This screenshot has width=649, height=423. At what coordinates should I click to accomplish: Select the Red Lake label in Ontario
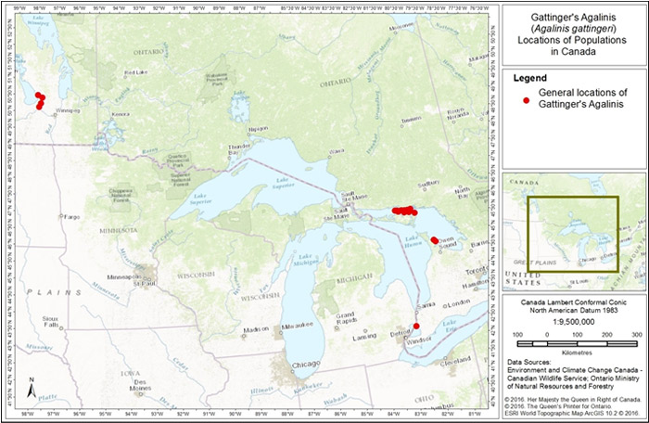tap(135, 72)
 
